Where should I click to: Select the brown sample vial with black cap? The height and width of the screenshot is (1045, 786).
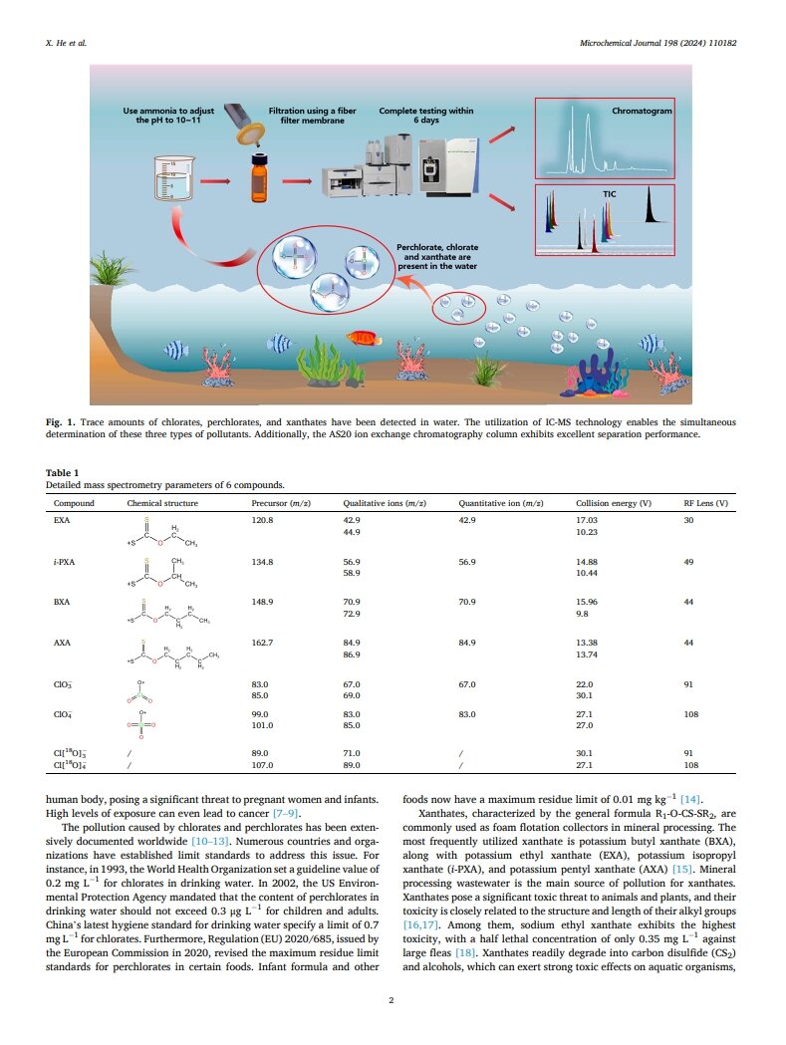pyautogui.click(x=259, y=179)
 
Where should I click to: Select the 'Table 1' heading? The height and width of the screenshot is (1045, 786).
pyautogui.click(x=63, y=472)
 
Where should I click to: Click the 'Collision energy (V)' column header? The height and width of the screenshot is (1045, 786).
pyautogui.click(x=614, y=504)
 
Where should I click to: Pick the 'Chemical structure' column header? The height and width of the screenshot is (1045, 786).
pyautogui.click(x=158, y=504)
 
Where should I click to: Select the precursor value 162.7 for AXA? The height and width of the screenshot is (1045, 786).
pyautogui.click(x=262, y=644)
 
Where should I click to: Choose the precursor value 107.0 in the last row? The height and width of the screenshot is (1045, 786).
pyautogui.click(x=262, y=765)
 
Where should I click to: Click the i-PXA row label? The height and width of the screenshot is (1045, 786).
pyautogui.click(x=63, y=562)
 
